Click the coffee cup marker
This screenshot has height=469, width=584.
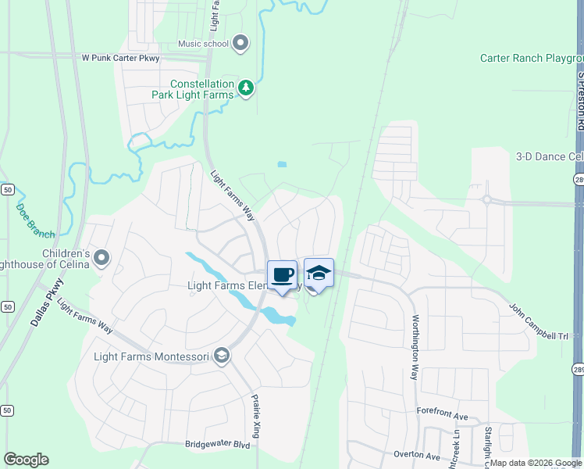(282, 275)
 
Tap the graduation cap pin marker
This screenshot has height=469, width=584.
(319, 274)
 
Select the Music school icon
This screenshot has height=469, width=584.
(240, 44)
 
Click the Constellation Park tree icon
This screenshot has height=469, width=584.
(246, 88)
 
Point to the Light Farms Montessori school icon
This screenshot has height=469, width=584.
(222, 357)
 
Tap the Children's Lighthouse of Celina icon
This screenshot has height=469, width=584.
(101, 257)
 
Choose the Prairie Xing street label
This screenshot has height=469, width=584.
(255, 415)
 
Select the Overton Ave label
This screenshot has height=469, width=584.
(417, 455)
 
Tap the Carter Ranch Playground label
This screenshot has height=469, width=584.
(532, 59)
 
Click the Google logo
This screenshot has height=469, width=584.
(26, 460)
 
